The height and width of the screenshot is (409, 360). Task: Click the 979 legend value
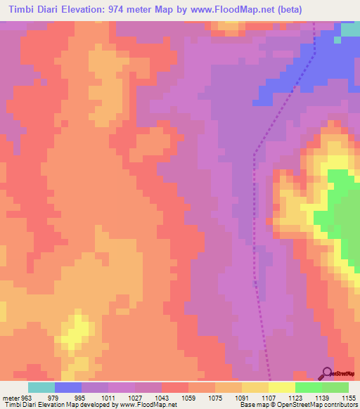pos(44,397)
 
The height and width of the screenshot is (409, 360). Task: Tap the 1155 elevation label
pos(349,397)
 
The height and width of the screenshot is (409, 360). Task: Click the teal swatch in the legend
pos(41,387)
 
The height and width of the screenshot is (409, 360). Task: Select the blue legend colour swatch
pos(68,387)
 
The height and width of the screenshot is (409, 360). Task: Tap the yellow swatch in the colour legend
pos(282,387)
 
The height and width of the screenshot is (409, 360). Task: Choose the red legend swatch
pos(175,387)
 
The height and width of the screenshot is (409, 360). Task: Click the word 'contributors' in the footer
pos(340,405)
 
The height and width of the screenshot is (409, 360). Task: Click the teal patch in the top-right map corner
pos(349,31)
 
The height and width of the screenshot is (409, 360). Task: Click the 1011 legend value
pos(96,397)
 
